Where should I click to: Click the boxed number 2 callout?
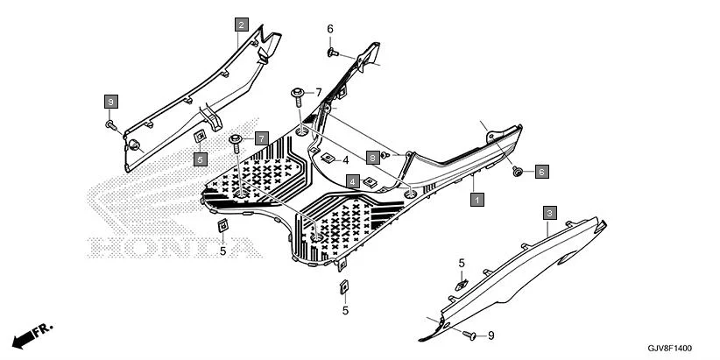click(241, 25)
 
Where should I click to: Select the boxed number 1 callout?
click(476, 200)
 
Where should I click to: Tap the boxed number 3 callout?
click(549, 213)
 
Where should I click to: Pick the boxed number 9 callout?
click(110, 102)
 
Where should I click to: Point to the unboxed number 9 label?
click(491, 335)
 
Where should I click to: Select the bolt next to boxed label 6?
click(518, 172)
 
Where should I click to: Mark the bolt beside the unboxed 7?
click(297, 92)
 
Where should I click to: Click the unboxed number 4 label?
click(345, 160)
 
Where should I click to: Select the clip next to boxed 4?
click(371, 181)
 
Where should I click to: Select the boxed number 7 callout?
click(261, 138)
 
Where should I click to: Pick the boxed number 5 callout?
click(201, 159)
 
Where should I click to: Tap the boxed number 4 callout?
click(351, 181)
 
